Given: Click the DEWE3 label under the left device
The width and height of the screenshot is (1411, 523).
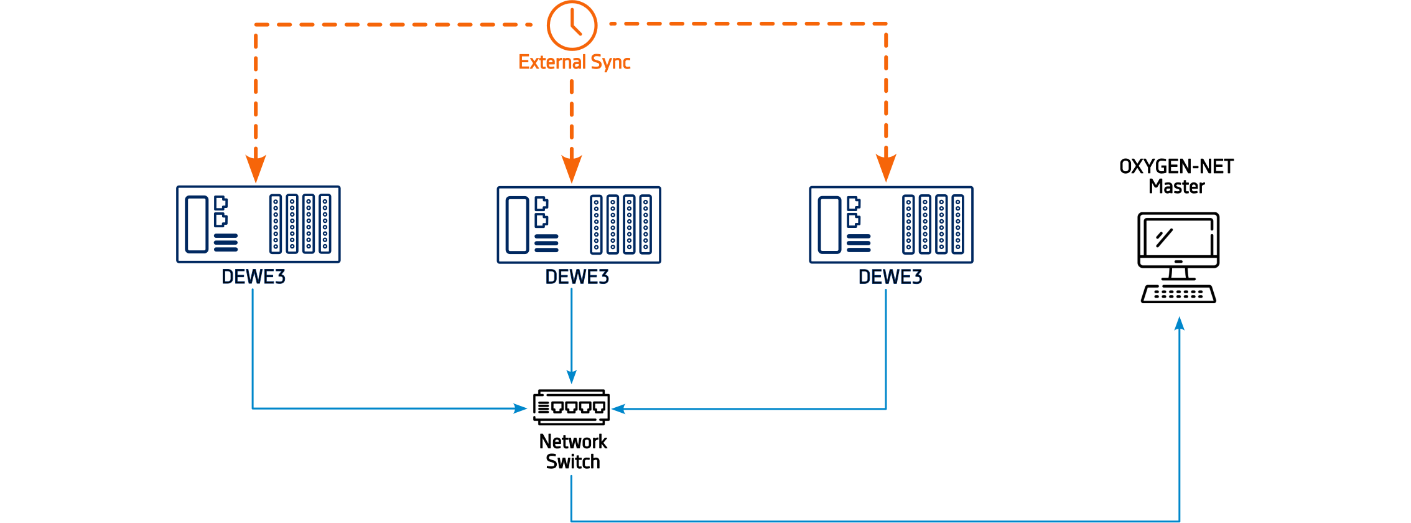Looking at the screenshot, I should (254, 277).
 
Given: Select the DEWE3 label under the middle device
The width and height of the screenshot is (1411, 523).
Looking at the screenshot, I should (577, 277).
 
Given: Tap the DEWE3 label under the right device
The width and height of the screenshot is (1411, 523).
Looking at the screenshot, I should (890, 277).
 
